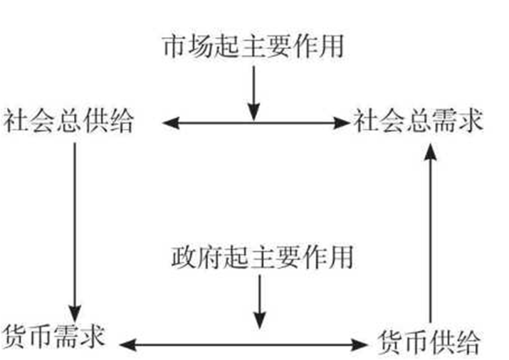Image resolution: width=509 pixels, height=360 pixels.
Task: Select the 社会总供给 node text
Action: click(68, 121)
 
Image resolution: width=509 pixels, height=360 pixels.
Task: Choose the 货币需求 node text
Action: click(53, 335)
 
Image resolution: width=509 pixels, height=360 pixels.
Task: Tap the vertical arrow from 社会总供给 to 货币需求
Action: click(74, 228)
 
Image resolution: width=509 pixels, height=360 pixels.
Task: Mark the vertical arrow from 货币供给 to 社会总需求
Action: click(429, 235)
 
